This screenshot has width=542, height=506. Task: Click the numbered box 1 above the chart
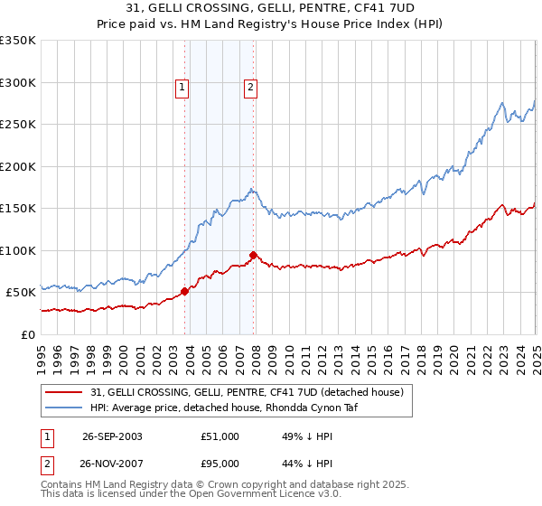click(182, 88)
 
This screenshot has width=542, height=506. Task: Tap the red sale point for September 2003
click(184, 291)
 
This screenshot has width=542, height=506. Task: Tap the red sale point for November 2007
click(253, 255)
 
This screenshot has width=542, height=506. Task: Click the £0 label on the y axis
click(28, 334)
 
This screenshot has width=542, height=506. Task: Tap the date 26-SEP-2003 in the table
click(112, 436)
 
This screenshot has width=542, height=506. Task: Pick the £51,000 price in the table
click(220, 436)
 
